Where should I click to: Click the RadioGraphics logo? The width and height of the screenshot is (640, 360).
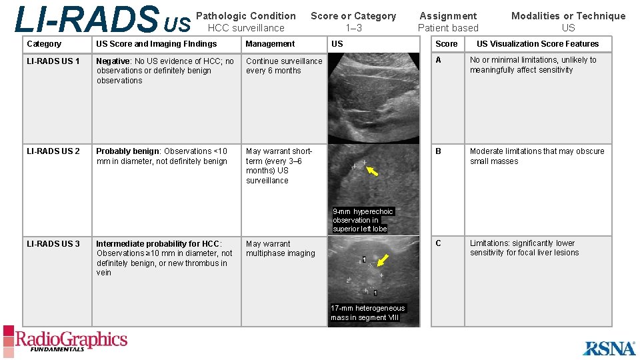tap(65, 341)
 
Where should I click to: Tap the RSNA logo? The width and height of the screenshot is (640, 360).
tap(609, 347)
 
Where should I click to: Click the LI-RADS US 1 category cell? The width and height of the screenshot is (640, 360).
tap(53, 61)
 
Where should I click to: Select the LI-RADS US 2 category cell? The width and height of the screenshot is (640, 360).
tap(53, 151)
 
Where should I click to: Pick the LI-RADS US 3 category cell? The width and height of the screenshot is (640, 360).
tap(53, 244)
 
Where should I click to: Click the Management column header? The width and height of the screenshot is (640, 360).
tap(270, 44)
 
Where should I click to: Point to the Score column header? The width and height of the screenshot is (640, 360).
tap(447, 44)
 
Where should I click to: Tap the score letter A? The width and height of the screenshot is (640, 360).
tap(439, 60)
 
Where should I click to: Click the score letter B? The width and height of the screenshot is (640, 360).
tap(439, 151)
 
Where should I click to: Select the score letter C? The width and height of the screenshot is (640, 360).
tap(439, 243)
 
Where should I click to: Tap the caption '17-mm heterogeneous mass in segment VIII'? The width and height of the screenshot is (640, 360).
tap(368, 313)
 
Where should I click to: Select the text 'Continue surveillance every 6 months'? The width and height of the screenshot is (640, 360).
tap(283, 66)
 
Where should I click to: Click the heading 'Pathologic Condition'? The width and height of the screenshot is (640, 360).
tap(246, 16)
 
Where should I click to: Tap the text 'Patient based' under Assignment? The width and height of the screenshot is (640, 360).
tap(448, 28)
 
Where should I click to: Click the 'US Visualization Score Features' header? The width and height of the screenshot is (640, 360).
tap(537, 44)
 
